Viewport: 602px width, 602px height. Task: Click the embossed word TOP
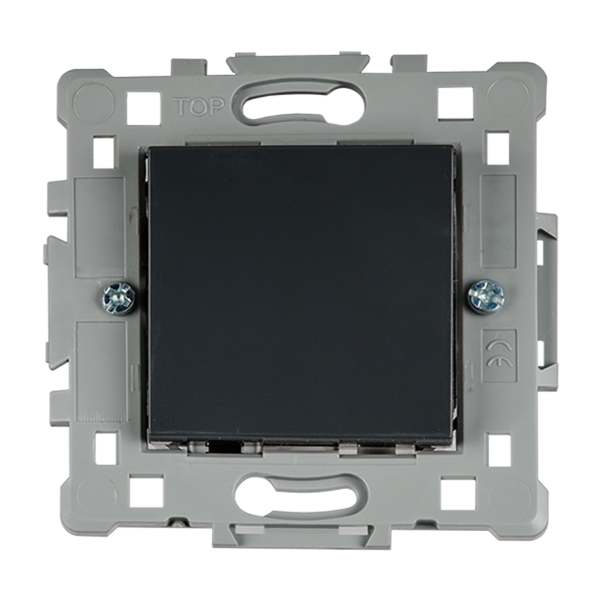click(x=198, y=107)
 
